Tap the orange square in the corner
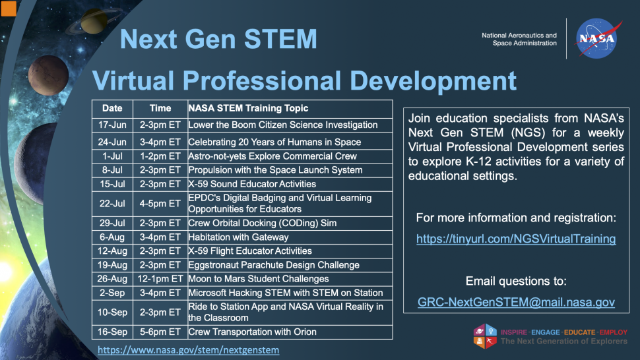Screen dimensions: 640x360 pyautogui.click(x=8, y=9)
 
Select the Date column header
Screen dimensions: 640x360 pyautogui.click(x=112, y=108)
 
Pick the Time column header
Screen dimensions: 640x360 pyautogui.click(x=160, y=108)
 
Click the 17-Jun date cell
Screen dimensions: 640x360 pyautogui.click(x=112, y=125)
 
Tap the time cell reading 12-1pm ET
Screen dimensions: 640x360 pyautogui.click(x=160, y=279)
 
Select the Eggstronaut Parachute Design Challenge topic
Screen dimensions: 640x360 pyautogui.click(x=273, y=265)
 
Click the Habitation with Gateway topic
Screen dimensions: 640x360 pyautogui.click(x=238, y=237)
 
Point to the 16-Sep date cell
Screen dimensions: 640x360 pyautogui.click(x=112, y=332)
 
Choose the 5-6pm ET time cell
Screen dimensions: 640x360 pyautogui.click(x=160, y=332)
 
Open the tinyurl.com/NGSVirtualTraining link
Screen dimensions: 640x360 pyautogui.click(x=516, y=239)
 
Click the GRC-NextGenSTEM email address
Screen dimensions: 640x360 pyautogui.click(x=516, y=302)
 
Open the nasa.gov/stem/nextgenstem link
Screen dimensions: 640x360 pyautogui.click(x=189, y=350)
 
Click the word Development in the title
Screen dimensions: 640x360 pyautogui.click(x=433, y=80)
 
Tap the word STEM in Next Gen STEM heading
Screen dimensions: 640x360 pyautogui.click(x=280, y=39)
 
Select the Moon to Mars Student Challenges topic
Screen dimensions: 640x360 pyautogui.click(x=259, y=279)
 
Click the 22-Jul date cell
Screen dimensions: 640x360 pyautogui.click(x=112, y=204)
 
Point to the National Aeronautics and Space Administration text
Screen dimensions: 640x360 pyautogui.click(x=519, y=39)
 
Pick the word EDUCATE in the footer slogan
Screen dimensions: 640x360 pyautogui.click(x=579, y=332)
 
